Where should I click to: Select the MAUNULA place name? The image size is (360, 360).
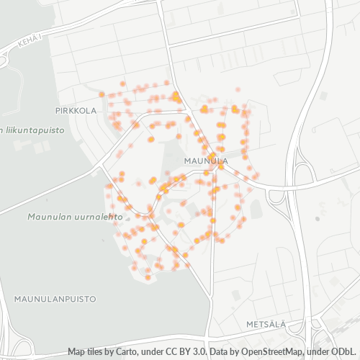(206, 161)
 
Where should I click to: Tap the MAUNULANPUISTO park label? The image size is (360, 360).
(48, 297)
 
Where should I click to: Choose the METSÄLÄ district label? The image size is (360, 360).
(266, 325)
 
